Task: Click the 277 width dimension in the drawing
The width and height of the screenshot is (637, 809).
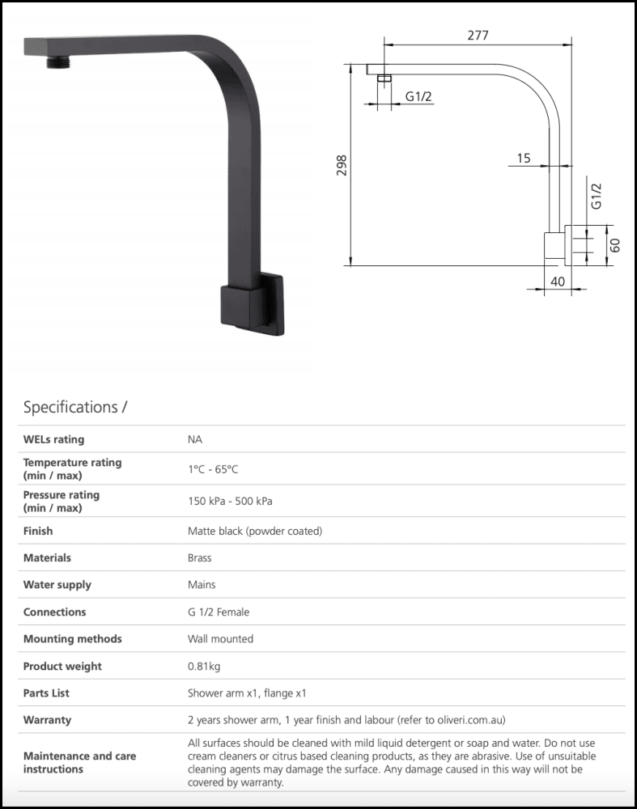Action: (478, 36)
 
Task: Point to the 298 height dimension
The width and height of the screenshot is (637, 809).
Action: (342, 165)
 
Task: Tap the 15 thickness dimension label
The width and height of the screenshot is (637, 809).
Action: (524, 159)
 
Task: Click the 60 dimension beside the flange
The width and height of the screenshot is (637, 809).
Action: (616, 244)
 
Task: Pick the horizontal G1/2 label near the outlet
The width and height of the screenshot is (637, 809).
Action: (418, 97)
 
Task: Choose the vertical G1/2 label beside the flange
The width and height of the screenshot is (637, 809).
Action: (597, 197)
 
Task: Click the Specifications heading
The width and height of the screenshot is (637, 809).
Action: (75, 407)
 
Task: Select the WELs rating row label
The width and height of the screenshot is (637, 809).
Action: (53, 439)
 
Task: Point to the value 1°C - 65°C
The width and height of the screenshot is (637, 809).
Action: (213, 469)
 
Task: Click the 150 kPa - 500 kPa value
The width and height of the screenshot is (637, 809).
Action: (230, 502)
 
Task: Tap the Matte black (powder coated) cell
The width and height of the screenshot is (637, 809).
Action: (255, 531)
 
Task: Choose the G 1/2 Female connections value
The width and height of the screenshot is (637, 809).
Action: (219, 612)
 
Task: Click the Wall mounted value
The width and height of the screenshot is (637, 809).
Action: (220, 639)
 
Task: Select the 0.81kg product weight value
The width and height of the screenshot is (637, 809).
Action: (204, 667)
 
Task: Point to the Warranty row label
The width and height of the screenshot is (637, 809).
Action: (47, 720)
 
